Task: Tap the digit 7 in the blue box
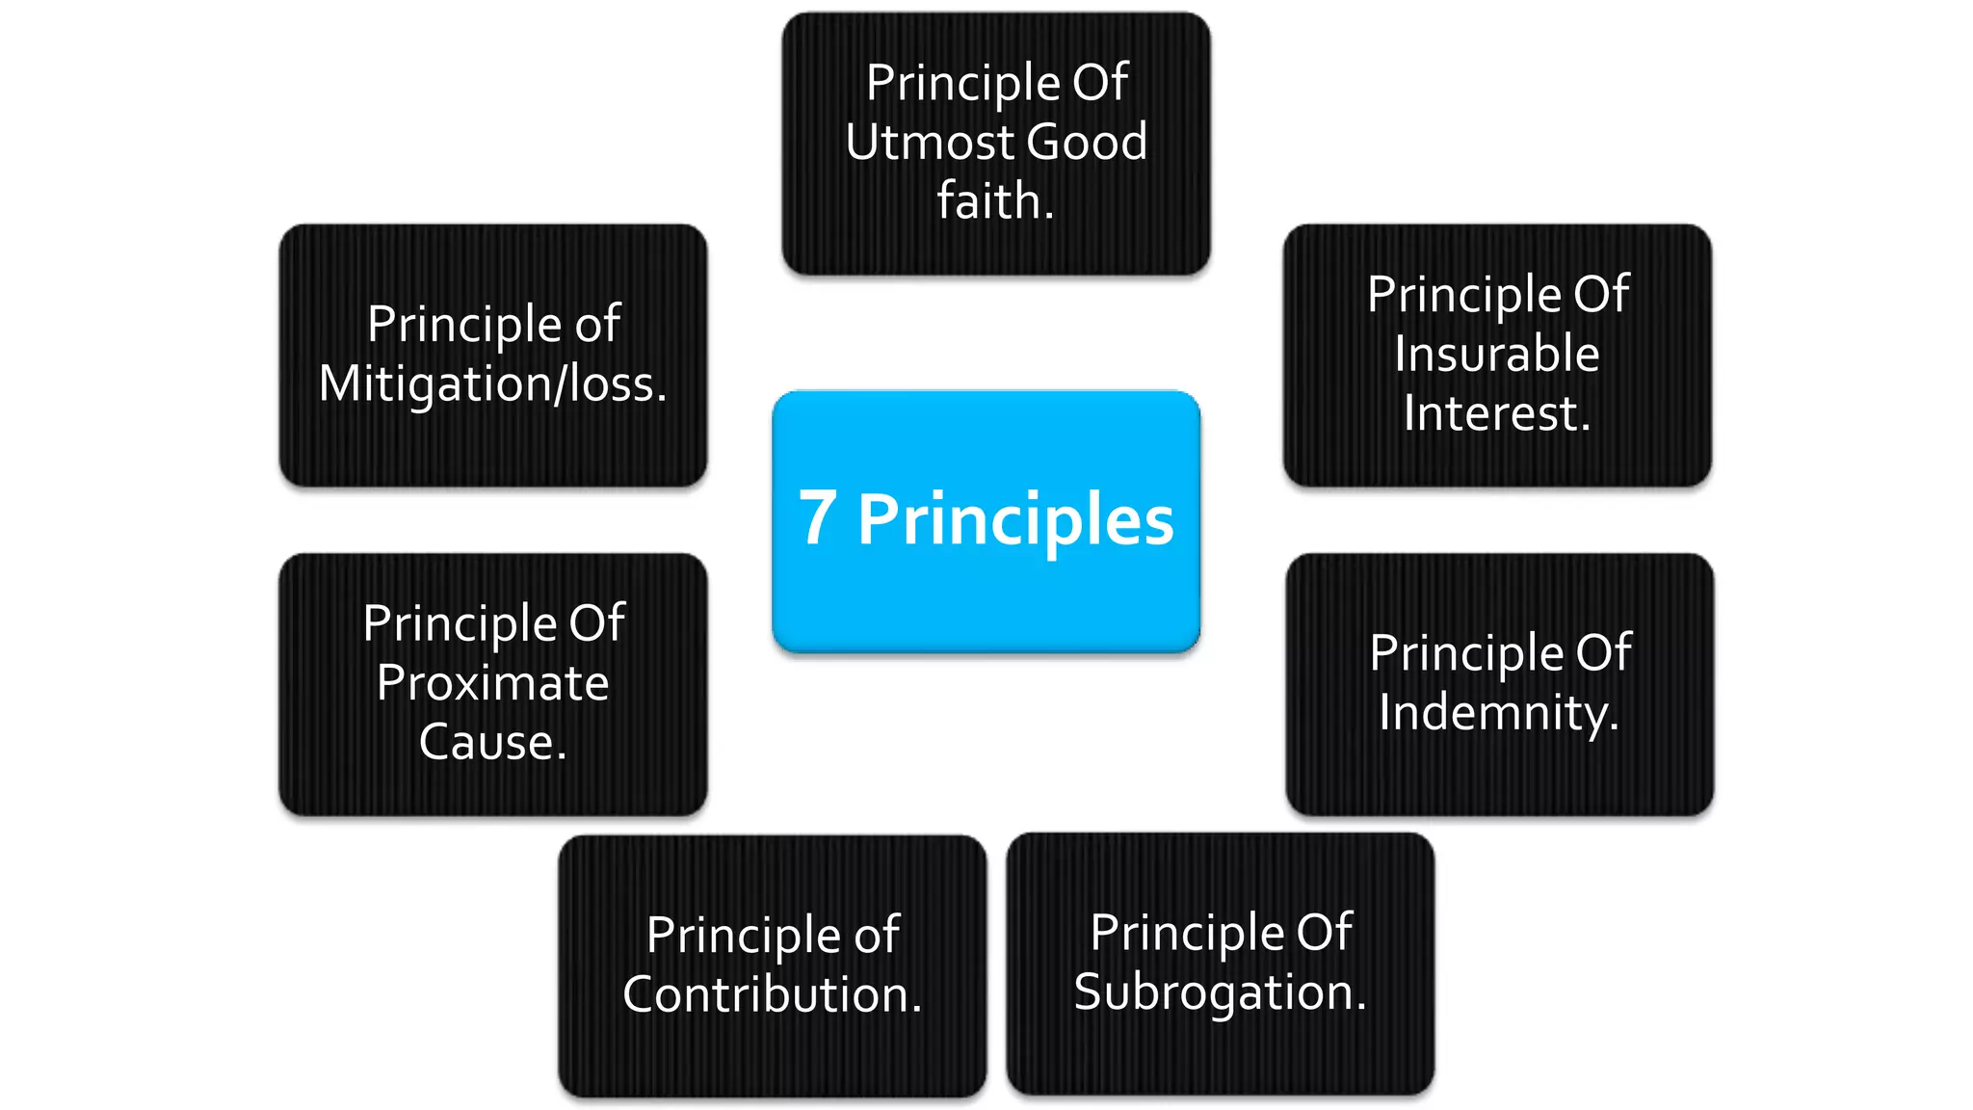click(x=817, y=519)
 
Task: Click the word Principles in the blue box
click(x=1015, y=521)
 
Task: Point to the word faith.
click(x=996, y=202)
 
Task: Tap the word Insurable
click(x=1496, y=354)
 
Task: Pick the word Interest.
click(x=1496, y=413)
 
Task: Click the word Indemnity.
click(x=1498, y=713)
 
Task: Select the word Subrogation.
click(x=1220, y=992)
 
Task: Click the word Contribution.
click(x=772, y=994)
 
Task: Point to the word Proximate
click(x=492, y=683)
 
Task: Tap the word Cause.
click(x=492, y=742)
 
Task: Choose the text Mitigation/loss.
click(x=492, y=384)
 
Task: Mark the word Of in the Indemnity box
click(x=1603, y=653)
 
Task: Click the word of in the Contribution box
click(x=876, y=936)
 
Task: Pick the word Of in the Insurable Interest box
click(x=1601, y=294)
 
